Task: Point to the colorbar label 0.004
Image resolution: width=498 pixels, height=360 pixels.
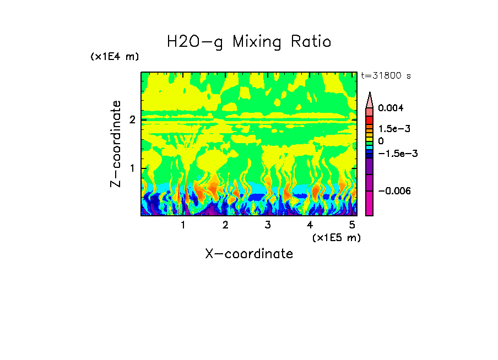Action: tap(391, 108)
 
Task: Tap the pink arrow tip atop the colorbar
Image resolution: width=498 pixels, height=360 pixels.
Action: tap(370, 100)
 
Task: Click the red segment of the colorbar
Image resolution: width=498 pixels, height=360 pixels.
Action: tap(370, 119)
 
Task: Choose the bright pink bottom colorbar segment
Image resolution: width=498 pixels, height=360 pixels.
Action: tap(370, 203)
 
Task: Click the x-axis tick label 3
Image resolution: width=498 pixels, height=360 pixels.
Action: tap(268, 225)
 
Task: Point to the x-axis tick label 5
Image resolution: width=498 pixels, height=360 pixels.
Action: tap(352, 225)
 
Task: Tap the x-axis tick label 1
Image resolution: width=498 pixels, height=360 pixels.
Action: tap(183, 225)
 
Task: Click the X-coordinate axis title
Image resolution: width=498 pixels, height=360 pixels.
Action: tap(249, 254)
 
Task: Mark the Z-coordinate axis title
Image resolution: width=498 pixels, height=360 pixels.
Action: tap(116, 144)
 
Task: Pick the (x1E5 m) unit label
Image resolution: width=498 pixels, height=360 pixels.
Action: tap(336, 237)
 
